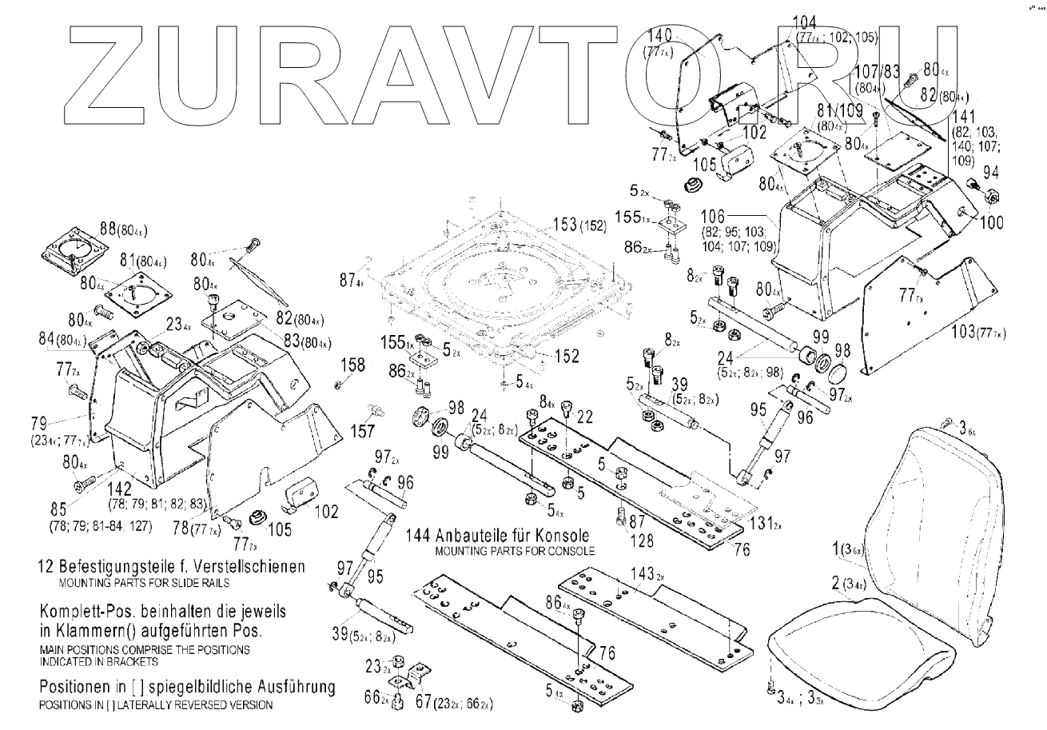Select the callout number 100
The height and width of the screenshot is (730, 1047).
point(991,223)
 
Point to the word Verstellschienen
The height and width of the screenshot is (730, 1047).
point(250,566)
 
